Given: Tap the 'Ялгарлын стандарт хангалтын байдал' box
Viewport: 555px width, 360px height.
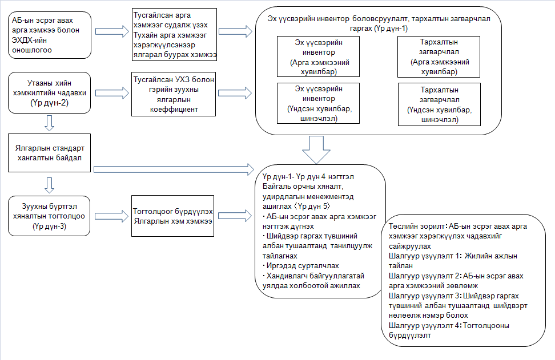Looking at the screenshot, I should point(50,152).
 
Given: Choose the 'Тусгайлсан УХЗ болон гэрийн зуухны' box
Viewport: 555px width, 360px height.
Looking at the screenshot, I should point(172,92).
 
